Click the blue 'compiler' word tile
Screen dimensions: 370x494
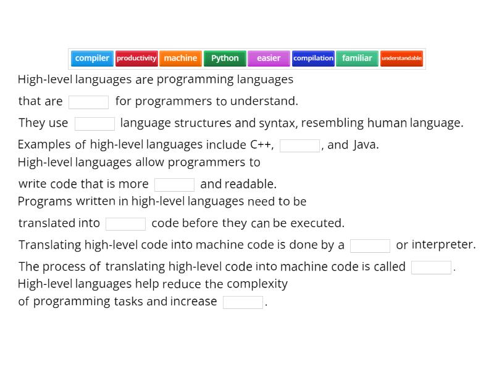coord(92,59)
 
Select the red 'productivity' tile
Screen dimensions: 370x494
coord(136,59)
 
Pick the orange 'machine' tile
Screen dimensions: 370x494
coord(180,59)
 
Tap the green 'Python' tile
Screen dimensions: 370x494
coord(225,59)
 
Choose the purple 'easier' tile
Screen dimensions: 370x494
coord(269,59)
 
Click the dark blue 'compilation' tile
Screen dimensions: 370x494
coord(313,59)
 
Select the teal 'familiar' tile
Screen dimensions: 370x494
coord(357,59)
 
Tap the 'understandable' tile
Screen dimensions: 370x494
coord(401,59)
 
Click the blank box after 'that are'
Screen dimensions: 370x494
coord(88,102)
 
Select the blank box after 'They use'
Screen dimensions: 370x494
coord(94,123)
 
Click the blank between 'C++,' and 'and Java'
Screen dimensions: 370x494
coord(299,146)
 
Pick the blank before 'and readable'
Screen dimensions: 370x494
coord(174,184)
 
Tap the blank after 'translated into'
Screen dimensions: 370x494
coord(125,223)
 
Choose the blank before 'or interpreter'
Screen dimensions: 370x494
coord(370,245)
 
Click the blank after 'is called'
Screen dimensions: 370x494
coord(431,267)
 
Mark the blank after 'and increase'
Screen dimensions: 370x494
coord(243,302)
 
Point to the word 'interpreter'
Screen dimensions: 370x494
coord(443,245)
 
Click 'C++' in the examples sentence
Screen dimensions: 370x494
coord(261,145)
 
